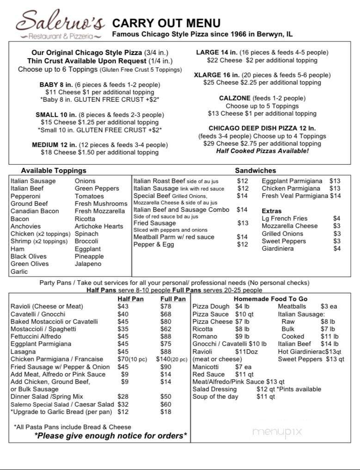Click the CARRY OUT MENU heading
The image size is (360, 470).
coord(166,23)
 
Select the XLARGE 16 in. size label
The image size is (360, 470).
coord(217,75)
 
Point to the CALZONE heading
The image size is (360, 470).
coord(235,98)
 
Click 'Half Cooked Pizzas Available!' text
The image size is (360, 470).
coord(262,151)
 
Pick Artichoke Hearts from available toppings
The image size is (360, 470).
coord(99,226)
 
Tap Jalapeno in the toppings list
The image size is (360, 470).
coord(88,264)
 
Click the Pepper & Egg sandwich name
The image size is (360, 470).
coord(153,244)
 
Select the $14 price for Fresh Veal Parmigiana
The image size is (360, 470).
coord(336,196)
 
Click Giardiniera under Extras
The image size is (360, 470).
coord(278,248)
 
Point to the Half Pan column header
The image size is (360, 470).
coord(130,299)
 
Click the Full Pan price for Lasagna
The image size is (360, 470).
coord(165,352)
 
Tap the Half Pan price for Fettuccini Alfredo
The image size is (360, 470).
coord(123,336)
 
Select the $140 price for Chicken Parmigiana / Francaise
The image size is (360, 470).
coord(165,359)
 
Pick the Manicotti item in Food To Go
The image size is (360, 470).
coord(206,366)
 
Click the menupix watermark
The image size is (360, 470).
coord(277,432)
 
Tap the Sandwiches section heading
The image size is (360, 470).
coord(255,171)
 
